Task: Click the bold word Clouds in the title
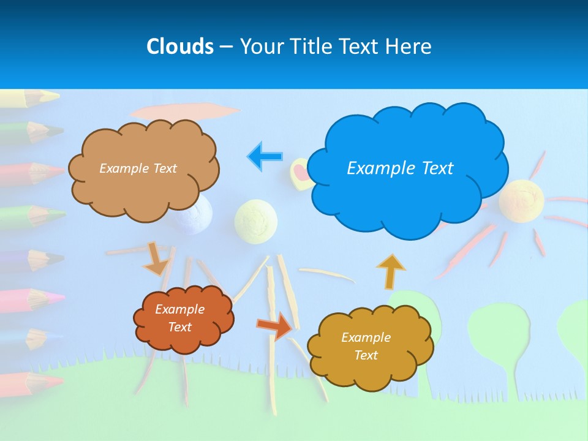click(x=179, y=47)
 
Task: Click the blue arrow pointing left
click(x=265, y=157)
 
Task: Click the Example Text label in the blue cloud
click(x=400, y=168)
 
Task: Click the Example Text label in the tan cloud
click(x=138, y=168)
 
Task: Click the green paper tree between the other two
click(x=499, y=331)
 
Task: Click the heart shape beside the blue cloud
click(x=300, y=171)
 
